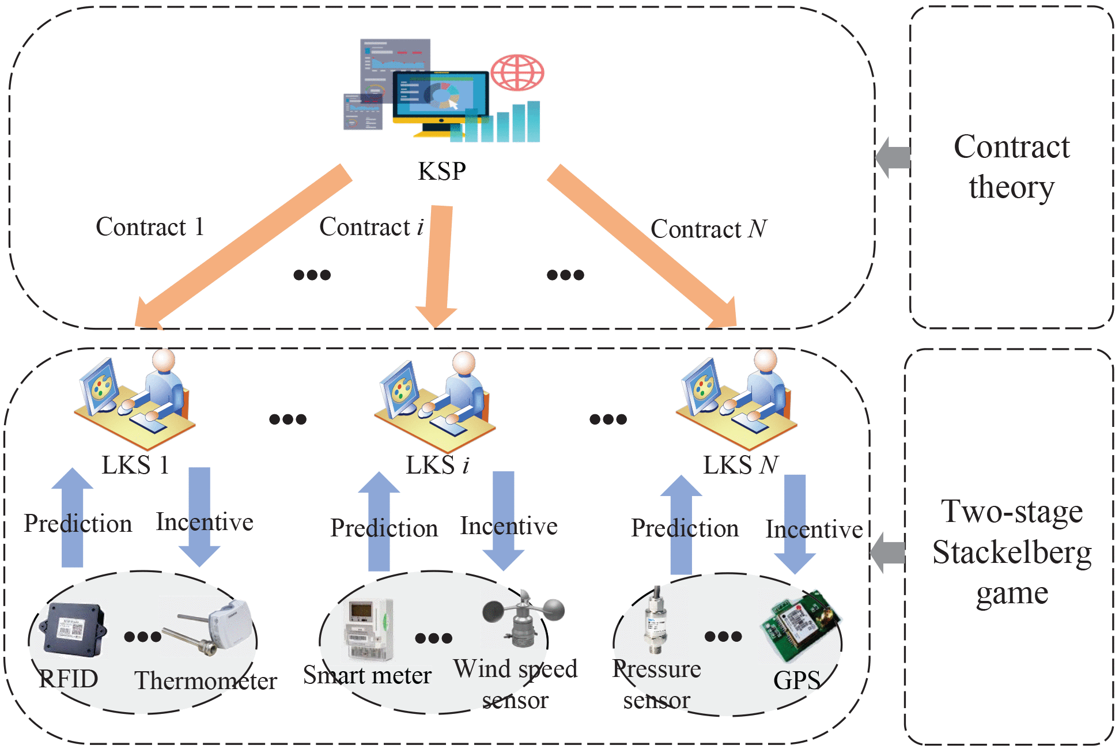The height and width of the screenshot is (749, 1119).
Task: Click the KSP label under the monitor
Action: (x=441, y=171)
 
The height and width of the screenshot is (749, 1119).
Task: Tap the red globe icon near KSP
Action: (x=517, y=73)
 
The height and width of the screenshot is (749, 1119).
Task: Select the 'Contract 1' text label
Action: (x=150, y=227)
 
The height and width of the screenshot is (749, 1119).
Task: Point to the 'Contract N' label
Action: (x=708, y=229)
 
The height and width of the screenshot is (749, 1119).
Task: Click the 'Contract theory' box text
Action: (x=1011, y=167)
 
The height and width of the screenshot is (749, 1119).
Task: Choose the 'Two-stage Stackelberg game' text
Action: (x=1011, y=551)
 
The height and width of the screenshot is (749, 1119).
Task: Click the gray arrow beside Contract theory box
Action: (x=893, y=157)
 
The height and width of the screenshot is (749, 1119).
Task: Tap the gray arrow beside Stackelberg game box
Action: (x=887, y=553)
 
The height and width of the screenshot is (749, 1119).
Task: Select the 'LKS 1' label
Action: (x=135, y=465)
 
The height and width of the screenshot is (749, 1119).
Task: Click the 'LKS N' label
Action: (x=740, y=465)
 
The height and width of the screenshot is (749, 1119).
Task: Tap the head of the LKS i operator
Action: (x=464, y=364)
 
